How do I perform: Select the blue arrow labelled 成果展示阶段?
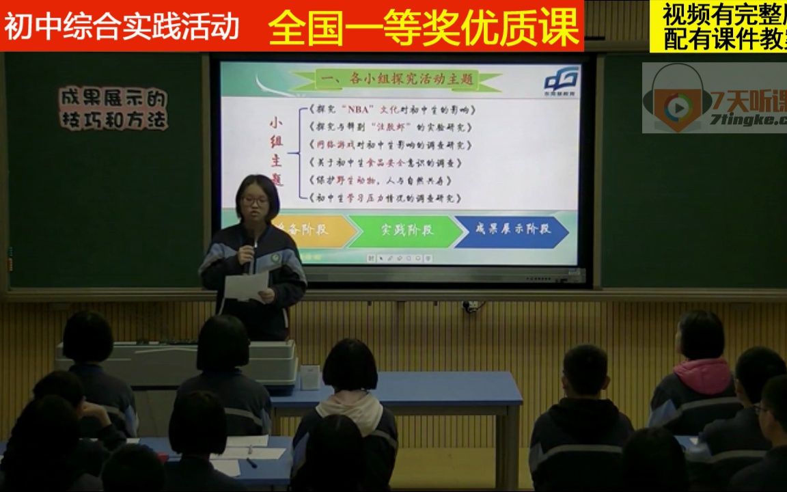tap(512, 229)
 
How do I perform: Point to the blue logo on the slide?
tap(562, 79)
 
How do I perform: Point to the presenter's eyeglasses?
tap(256, 201)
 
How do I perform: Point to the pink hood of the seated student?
tap(702, 375)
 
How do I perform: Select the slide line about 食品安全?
tap(385, 163)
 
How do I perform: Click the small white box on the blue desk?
tap(310, 377)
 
